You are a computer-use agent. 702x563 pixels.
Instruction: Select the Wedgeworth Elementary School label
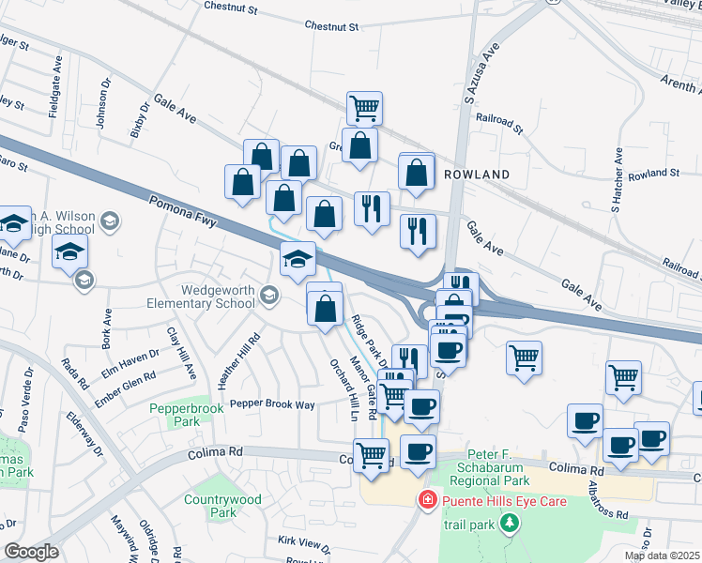click(x=200, y=297)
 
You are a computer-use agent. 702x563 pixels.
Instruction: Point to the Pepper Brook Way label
click(x=272, y=404)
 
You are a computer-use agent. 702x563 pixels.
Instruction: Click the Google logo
click(x=30, y=552)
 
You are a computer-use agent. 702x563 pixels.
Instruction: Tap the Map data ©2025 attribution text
click(x=662, y=555)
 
